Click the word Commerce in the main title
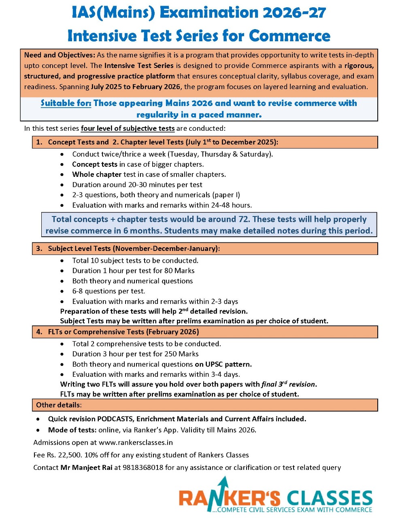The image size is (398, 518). [289, 36]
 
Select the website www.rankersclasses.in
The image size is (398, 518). [136, 442]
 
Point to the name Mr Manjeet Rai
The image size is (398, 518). [86, 467]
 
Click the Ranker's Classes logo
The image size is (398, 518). [275, 496]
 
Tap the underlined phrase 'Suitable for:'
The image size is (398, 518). [66, 103]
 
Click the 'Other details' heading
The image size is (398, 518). [58, 405]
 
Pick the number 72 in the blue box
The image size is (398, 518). [243, 219]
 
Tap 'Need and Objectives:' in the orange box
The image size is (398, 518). [60, 55]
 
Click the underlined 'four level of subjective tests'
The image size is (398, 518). [128, 128]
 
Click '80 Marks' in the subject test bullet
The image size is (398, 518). [179, 270]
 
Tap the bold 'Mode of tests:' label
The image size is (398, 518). [72, 430]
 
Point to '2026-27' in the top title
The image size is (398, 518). [294, 13]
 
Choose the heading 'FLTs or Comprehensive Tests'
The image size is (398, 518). [96, 332]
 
